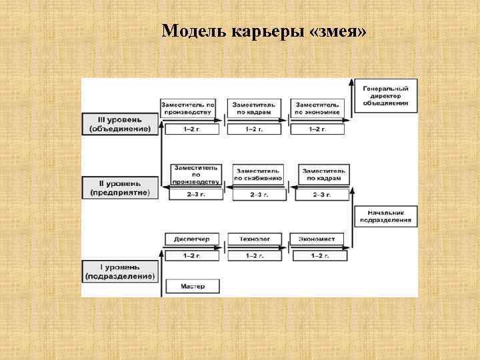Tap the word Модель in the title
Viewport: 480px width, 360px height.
tap(187, 31)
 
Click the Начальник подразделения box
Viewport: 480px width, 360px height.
tap(386, 215)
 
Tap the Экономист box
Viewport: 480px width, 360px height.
tap(318, 239)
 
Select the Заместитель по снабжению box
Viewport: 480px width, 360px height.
tap(256, 174)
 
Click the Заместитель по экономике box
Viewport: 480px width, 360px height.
tap(318, 108)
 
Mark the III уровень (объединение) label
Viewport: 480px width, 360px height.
tap(120, 124)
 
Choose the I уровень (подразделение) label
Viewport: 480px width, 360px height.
tap(120, 271)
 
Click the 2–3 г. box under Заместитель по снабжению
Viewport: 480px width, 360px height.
tap(256, 195)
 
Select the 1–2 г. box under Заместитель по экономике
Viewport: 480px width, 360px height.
tap(318, 129)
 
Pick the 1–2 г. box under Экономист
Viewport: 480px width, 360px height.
tap(318, 255)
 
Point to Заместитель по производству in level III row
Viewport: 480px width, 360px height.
tap(189, 108)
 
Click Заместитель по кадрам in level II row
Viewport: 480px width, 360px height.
tap(323, 174)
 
